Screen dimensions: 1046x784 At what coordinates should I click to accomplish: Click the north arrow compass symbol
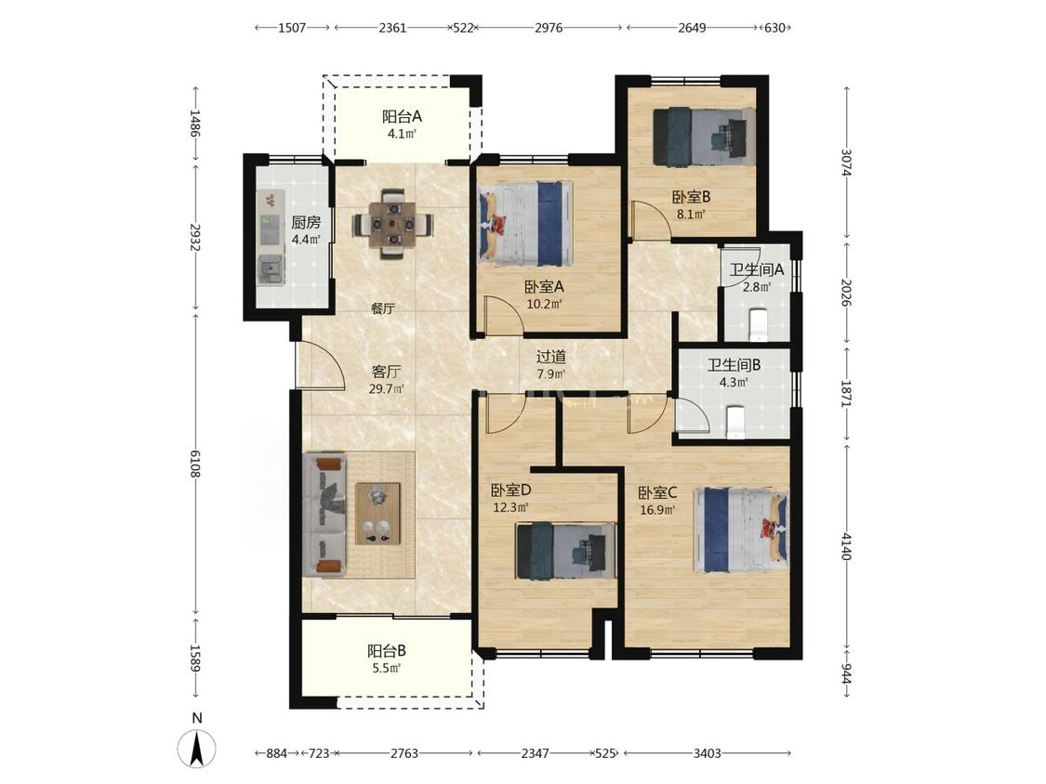coord(197,748)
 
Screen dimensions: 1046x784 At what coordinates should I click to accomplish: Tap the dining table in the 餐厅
coord(393,224)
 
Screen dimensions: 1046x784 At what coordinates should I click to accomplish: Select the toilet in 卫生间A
coord(758,324)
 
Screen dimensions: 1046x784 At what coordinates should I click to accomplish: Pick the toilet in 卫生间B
coord(735,423)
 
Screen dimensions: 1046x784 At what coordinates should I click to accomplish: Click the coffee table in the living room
coord(377,514)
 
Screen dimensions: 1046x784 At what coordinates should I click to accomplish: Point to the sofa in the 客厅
coord(324,515)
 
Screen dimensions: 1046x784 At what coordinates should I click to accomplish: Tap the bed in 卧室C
coord(741,530)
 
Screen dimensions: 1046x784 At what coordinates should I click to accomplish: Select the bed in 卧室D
coord(564,551)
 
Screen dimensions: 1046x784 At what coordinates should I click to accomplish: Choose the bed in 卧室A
coord(525,224)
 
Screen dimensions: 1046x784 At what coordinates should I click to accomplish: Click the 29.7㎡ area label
coord(387,389)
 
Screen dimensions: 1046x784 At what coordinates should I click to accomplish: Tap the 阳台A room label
coord(402,117)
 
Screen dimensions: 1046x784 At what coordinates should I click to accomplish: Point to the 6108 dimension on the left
coord(195,464)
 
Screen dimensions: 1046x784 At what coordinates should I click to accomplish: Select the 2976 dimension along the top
coord(549,27)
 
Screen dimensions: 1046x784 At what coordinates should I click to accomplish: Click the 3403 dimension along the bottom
coord(708,753)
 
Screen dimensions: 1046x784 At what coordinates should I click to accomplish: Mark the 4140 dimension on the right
coord(846,546)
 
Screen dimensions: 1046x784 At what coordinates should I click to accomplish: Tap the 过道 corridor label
coord(551,357)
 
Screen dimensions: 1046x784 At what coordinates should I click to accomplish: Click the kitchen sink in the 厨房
coord(271,268)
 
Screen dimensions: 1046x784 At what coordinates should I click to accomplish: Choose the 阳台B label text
coord(387,650)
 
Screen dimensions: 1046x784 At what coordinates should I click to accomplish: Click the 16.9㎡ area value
coord(658,511)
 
